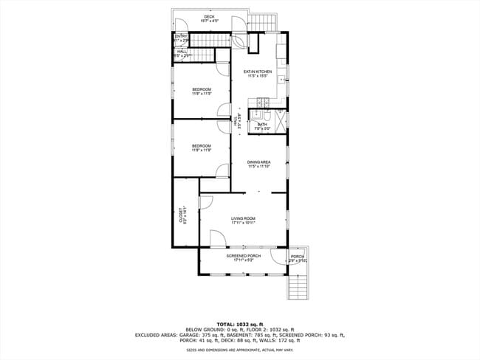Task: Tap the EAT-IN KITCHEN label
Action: (x=258, y=72)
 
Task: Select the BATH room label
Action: (x=272, y=125)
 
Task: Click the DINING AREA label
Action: (x=258, y=162)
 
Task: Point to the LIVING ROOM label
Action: (x=243, y=218)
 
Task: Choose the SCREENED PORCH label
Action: (x=243, y=256)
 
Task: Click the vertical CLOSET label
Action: (x=181, y=216)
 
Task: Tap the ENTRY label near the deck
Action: (x=181, y=36)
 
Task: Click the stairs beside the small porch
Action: (x=297, y=285)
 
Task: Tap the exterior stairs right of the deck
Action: (x=262, y=21)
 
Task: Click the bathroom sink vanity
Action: (x=256, y=116)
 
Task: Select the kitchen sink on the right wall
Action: (x=285, y=76)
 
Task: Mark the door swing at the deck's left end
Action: (x=177, y=23)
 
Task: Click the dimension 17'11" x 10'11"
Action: (x=243, y=223)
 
